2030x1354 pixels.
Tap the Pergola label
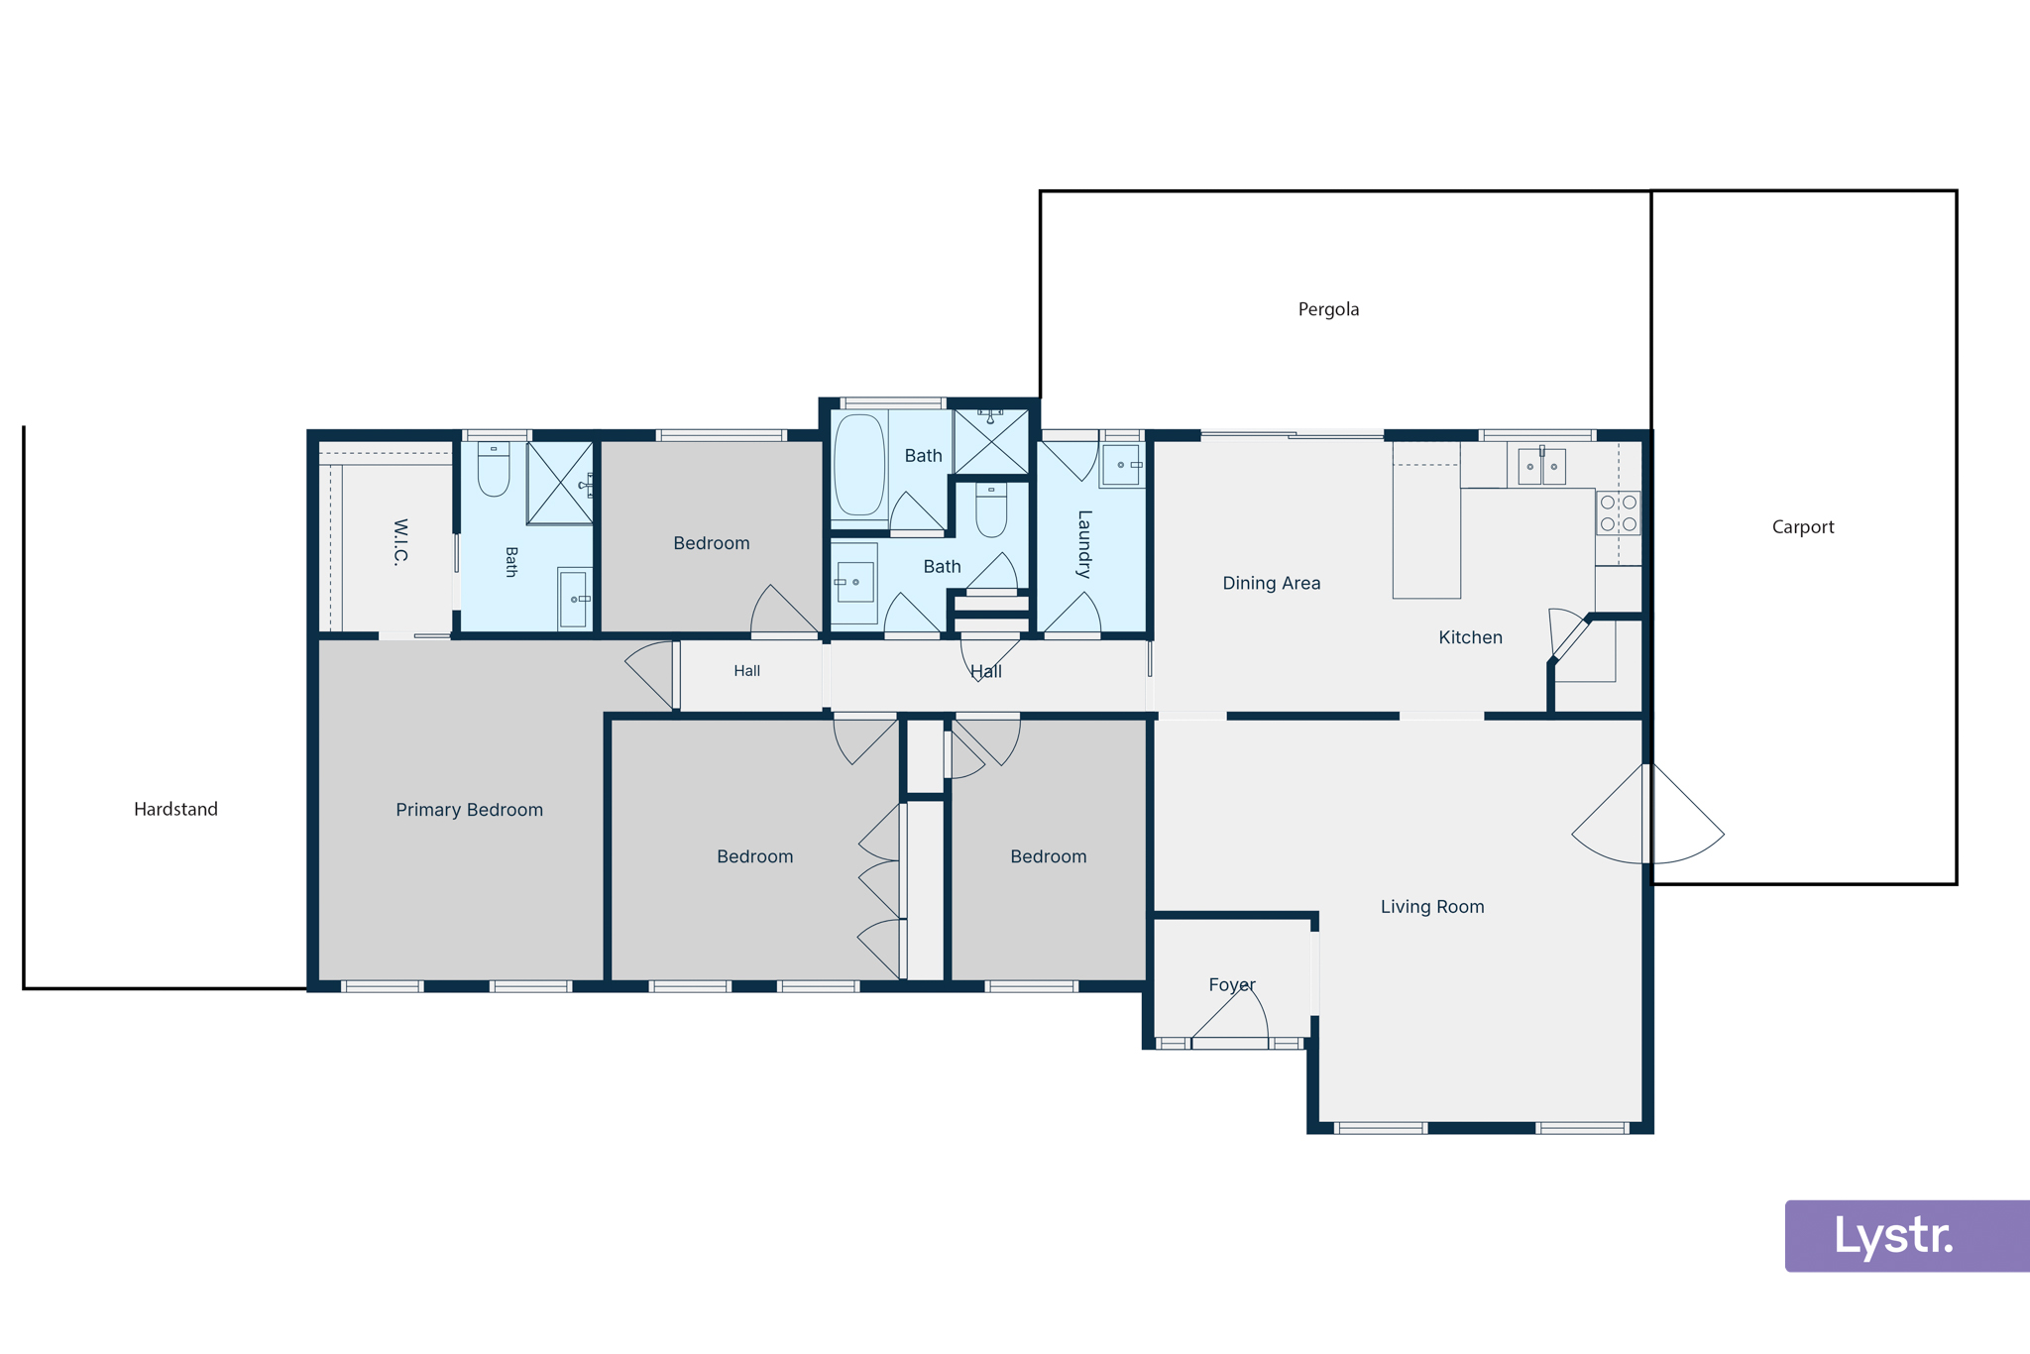coord(1328,309)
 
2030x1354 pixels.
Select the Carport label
coord(1803,527)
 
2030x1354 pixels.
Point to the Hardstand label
coord(175,809)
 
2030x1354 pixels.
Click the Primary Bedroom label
coord(469,810)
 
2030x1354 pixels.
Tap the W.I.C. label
coord(400,541)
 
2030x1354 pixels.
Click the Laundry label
coord(1084,544)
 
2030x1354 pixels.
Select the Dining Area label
coord(1271,583)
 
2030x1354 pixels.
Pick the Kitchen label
coord(1470,637)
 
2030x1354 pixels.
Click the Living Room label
coord(1432,907)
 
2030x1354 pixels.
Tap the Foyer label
coord(1232,985)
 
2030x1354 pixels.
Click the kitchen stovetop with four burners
coord(1618,513)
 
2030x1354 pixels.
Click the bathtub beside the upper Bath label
coord(859,465)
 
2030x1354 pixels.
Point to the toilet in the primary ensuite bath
coord(494,469)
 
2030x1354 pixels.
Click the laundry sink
coord(1121,465)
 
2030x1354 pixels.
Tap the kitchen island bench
coord(1426,520)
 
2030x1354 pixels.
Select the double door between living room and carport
coord(1647,814)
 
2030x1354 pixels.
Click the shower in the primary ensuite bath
coord(560,483)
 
